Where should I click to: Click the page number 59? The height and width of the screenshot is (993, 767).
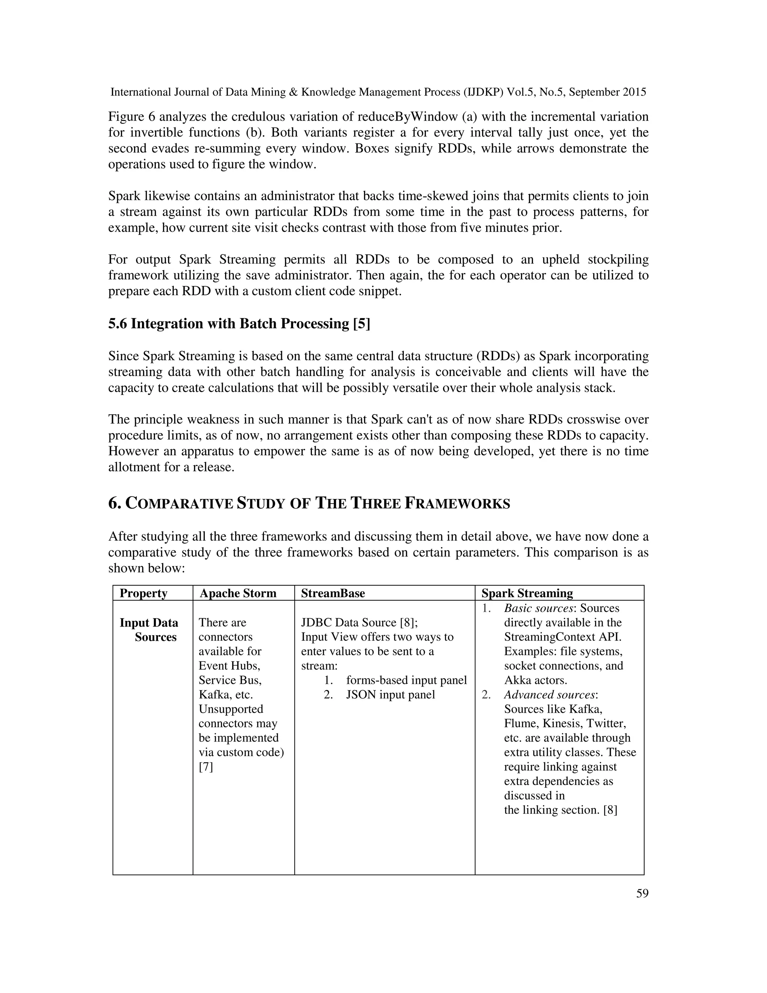[642, 893]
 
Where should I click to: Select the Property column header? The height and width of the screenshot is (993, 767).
[143, 593]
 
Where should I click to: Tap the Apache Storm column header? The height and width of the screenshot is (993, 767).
[238, 593]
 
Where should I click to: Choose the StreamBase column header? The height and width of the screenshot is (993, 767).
[333, 593]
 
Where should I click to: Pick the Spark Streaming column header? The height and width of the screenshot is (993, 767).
[527, 593]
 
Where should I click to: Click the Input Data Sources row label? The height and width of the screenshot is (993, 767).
[149, 630]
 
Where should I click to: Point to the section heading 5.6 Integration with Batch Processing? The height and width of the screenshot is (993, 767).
[239, 323]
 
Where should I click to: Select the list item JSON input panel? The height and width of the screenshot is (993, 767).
[390, 695]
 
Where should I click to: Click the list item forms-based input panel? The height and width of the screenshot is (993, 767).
[406, 680]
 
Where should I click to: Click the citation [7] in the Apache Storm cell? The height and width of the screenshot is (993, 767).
[206, 767]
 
